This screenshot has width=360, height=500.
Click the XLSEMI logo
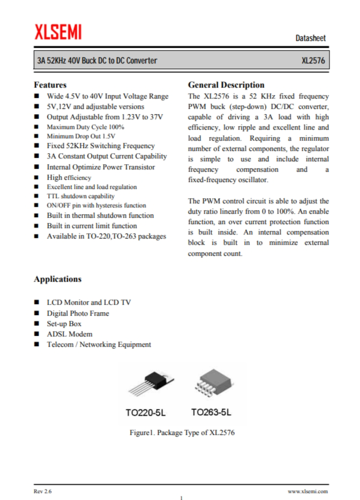(x=58, y=32)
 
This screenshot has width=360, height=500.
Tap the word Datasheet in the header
(x=310, y=39)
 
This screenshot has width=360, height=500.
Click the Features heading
(x=50, y=85)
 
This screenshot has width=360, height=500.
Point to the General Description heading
(x=226, y=85)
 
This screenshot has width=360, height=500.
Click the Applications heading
(x=58, y=279)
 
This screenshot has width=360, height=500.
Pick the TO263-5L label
(x=211, y=412)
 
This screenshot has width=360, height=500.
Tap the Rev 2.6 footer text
(x=43, y=491)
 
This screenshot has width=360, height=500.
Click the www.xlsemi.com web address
(x=308, y=491)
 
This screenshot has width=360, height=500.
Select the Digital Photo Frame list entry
(x=78, y=313)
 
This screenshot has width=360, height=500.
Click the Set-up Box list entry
(x=64, y=324)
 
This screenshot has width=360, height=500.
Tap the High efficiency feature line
(x=69, y=177)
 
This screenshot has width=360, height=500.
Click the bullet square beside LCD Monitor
(x=36, y=302)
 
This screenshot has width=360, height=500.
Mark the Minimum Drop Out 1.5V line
(x=81, y=136)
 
